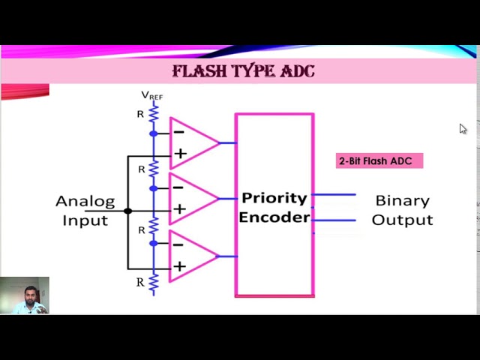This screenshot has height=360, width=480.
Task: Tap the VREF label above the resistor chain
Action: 151,95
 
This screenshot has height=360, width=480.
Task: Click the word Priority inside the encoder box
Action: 274,199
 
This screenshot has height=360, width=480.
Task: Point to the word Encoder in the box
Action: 274,217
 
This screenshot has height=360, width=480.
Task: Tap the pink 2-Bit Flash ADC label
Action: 379,160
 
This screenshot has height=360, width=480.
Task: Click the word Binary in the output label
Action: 402,201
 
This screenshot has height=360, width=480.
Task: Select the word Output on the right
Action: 402,220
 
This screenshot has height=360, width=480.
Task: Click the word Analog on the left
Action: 85,201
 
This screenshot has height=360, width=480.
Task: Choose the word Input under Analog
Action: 85,220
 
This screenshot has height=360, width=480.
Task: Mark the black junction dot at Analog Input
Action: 127,211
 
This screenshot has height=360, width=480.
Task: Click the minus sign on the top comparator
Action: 178,132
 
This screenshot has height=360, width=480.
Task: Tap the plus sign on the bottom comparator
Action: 179,266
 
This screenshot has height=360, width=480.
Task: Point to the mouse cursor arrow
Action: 463,129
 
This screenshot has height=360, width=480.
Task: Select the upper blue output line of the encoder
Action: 334,195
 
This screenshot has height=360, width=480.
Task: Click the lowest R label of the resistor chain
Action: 139,283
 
